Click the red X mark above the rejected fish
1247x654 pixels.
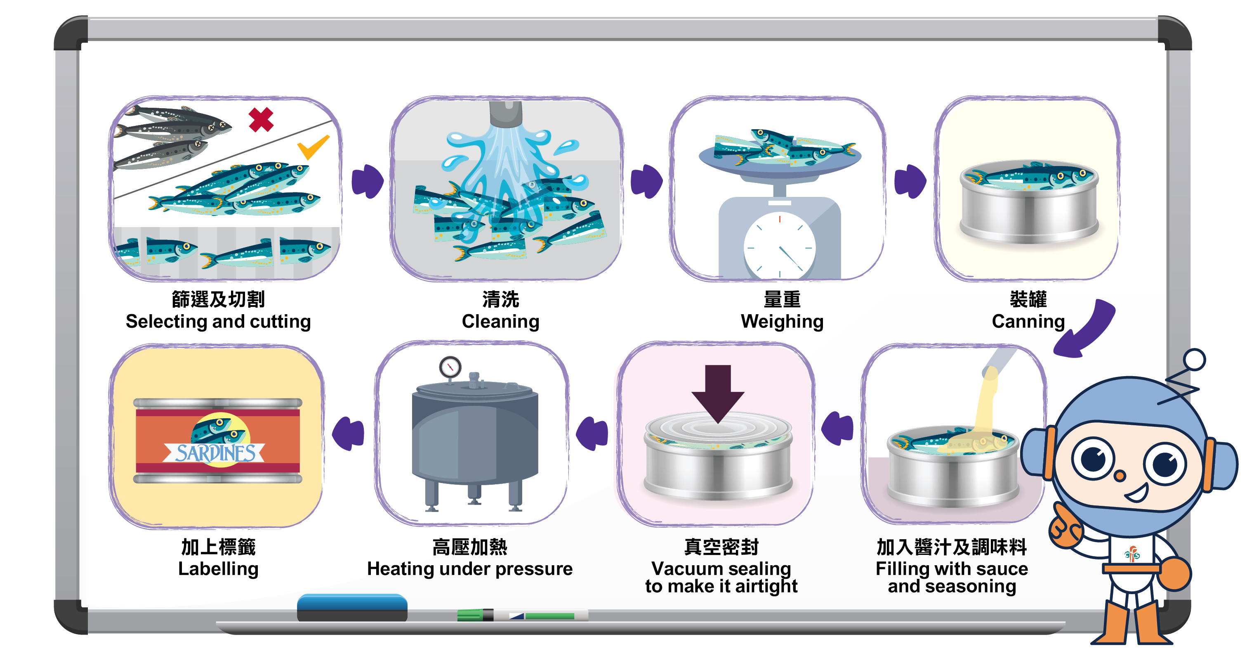pyautogui.click(x=261, y=120)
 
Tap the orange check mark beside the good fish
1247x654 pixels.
pyautogui.click(x=312, y=147)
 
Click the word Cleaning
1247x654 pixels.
pyautogui.click(x=500, y=321)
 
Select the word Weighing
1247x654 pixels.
pyautogui.click(x=782, y=321)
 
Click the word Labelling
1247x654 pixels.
pyautogui.click(x=218, y=568)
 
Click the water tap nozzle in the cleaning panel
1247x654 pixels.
pyautogui.click(x=505, y=112)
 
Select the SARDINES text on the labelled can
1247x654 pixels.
pyautogui.click(x=215, y=453)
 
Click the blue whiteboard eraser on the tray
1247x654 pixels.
pyautogui.click(x=352, y=607)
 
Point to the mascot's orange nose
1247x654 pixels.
pyautogui.click(x=1119, y=475)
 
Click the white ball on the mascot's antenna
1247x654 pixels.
pyautogui.click(x=1194, y=360)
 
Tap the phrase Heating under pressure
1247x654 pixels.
pyautogui.click(x=469, y=568)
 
